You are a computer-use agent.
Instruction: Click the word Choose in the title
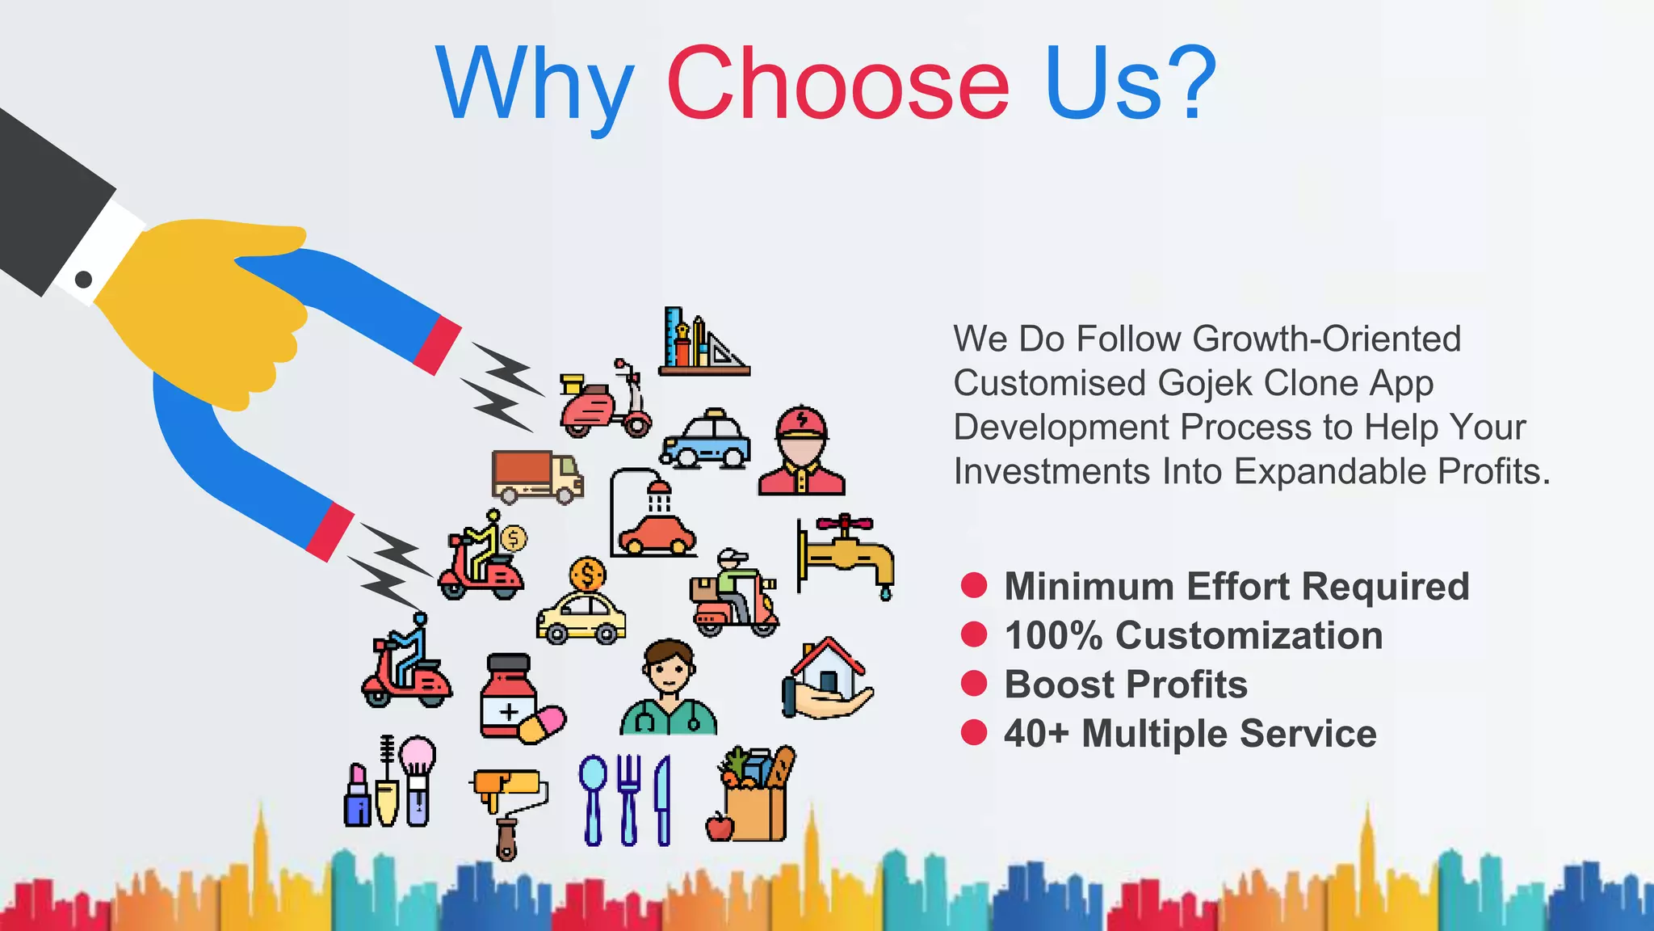837,83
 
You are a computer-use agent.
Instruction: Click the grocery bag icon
754,796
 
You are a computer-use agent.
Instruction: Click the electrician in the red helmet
801,451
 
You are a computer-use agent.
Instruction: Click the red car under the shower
657,533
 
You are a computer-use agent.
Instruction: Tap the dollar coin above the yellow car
587,575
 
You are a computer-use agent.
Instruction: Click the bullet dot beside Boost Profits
974,684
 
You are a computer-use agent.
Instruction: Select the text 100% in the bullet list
1053,635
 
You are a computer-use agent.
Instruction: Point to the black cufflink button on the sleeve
83,280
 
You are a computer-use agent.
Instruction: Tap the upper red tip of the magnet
437,345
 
